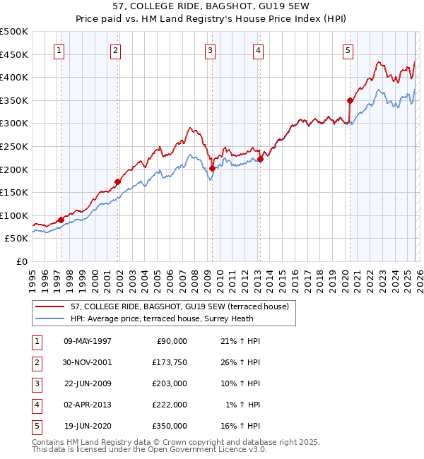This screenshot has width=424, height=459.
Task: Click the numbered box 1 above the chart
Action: click(x=58, y=50)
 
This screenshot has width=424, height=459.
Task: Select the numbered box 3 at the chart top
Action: click(x=211, y=50)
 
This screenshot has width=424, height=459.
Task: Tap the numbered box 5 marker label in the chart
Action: click(x=348, y=50)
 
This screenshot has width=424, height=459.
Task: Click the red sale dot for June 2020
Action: click(x=350, y=101)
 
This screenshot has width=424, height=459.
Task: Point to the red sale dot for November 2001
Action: click(x=117, y=181)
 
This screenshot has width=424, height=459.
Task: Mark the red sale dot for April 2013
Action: click(x=260, y=159)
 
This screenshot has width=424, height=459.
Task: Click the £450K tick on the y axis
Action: click(x=14, y=54)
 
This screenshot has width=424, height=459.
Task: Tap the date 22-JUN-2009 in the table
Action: click(x=88, y=383)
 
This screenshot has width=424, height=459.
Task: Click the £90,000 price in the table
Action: click(x=171, y=341)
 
